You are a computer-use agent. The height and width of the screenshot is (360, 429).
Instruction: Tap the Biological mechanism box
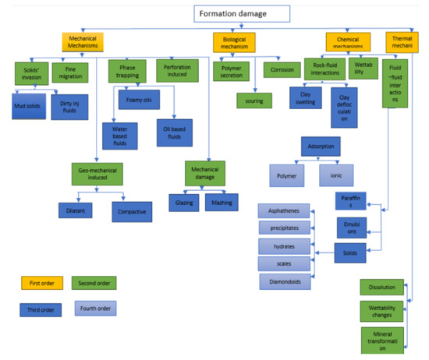[x=239, y=43]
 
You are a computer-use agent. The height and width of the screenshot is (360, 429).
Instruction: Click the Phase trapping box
[x=127, y=72]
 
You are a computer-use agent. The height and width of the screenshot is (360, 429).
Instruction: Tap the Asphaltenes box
[x=288, y=210]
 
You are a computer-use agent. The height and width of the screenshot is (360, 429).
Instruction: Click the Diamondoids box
[x=287, y=281]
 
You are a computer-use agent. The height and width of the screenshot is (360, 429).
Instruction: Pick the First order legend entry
[x=41, y=282]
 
